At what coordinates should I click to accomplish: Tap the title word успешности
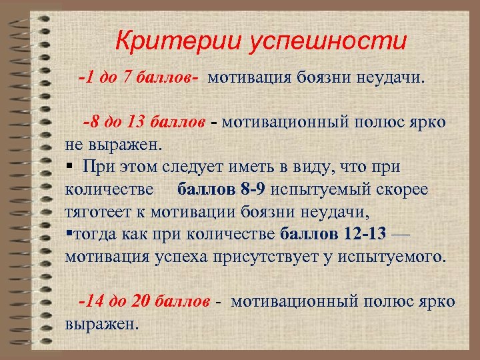click(327, 41)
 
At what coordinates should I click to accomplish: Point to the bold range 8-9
click(251, 189)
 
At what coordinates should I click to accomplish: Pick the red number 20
click(141, 301)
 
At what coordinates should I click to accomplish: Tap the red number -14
click(91, 301)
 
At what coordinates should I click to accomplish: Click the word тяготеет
click(100, 213)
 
